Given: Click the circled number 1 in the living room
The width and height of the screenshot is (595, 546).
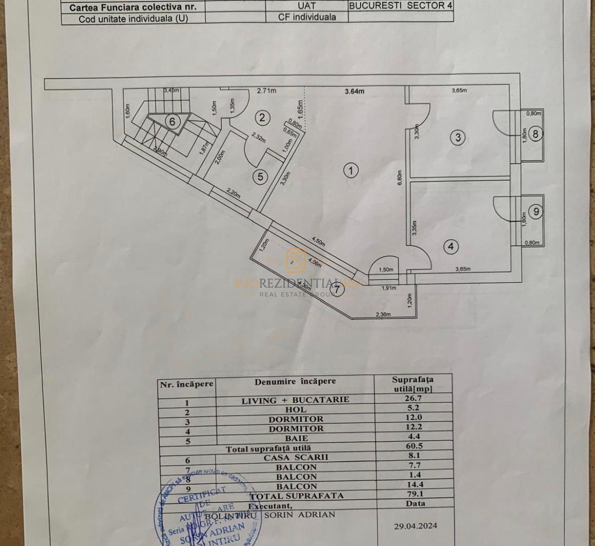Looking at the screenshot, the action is point(351,170).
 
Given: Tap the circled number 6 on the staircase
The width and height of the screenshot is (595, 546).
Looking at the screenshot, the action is point(172,122).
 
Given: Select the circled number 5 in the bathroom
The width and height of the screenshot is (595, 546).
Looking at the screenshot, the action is point(261,177).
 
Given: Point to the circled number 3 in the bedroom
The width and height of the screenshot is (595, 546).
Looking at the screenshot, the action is point(457,137).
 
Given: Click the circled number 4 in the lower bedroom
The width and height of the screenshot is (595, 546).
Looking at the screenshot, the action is point(451,247).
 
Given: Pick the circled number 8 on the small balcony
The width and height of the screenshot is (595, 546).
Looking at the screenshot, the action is point(535,134).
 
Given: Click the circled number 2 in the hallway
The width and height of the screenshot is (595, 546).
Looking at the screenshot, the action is point(262,118).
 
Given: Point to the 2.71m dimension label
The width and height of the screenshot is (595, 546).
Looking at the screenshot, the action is point(266,91).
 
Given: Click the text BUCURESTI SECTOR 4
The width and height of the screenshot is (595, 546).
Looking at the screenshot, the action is point(401,7).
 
